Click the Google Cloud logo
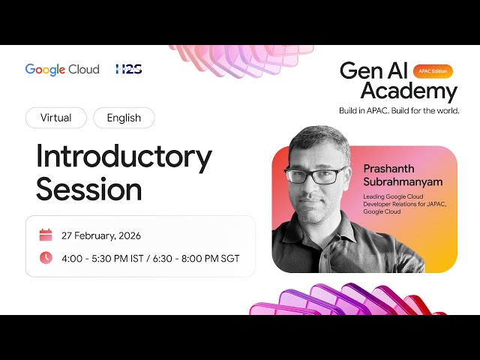[62, 69]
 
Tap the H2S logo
[128, 69]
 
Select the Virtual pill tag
[56, 118]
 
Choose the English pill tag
[124, 118]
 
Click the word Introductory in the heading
[124, 156]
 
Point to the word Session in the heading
[88, 189]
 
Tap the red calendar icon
[46, 235]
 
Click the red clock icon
[46, 258]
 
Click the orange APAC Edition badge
[433, 71]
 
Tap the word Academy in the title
[409, 91]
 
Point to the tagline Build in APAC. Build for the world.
[399, 111]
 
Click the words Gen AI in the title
[373, 70]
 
